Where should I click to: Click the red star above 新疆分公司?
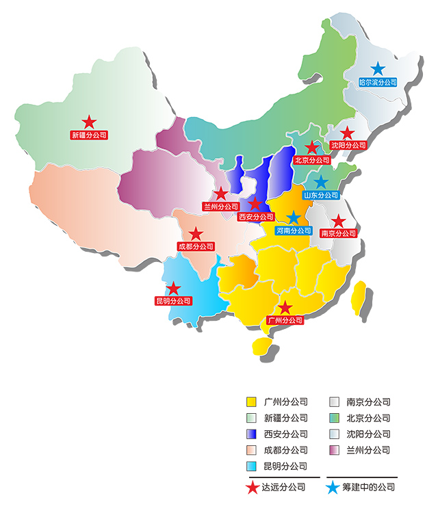point(89,122)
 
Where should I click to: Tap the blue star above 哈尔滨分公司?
point(378,68)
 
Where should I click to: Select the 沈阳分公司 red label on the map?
point(348,145)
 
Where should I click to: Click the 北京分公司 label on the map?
point(311,160)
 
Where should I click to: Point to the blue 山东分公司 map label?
point(321,195)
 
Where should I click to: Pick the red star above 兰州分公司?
point(221,194)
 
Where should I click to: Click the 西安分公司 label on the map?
point(255,217)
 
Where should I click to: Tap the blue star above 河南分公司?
point(294,218)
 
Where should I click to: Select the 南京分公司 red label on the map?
point(338,233)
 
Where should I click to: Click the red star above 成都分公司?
point(196,234)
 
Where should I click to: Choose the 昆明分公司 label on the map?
point(173,300)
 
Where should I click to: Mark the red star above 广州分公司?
point(285,308)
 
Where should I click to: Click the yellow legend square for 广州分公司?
point(252,402)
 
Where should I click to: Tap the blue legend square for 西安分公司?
point(252,434)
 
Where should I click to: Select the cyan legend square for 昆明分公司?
point(252,466)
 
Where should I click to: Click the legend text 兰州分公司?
point(368,450)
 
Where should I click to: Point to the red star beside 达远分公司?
point(252,488)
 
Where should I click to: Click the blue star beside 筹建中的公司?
point(333,488)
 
